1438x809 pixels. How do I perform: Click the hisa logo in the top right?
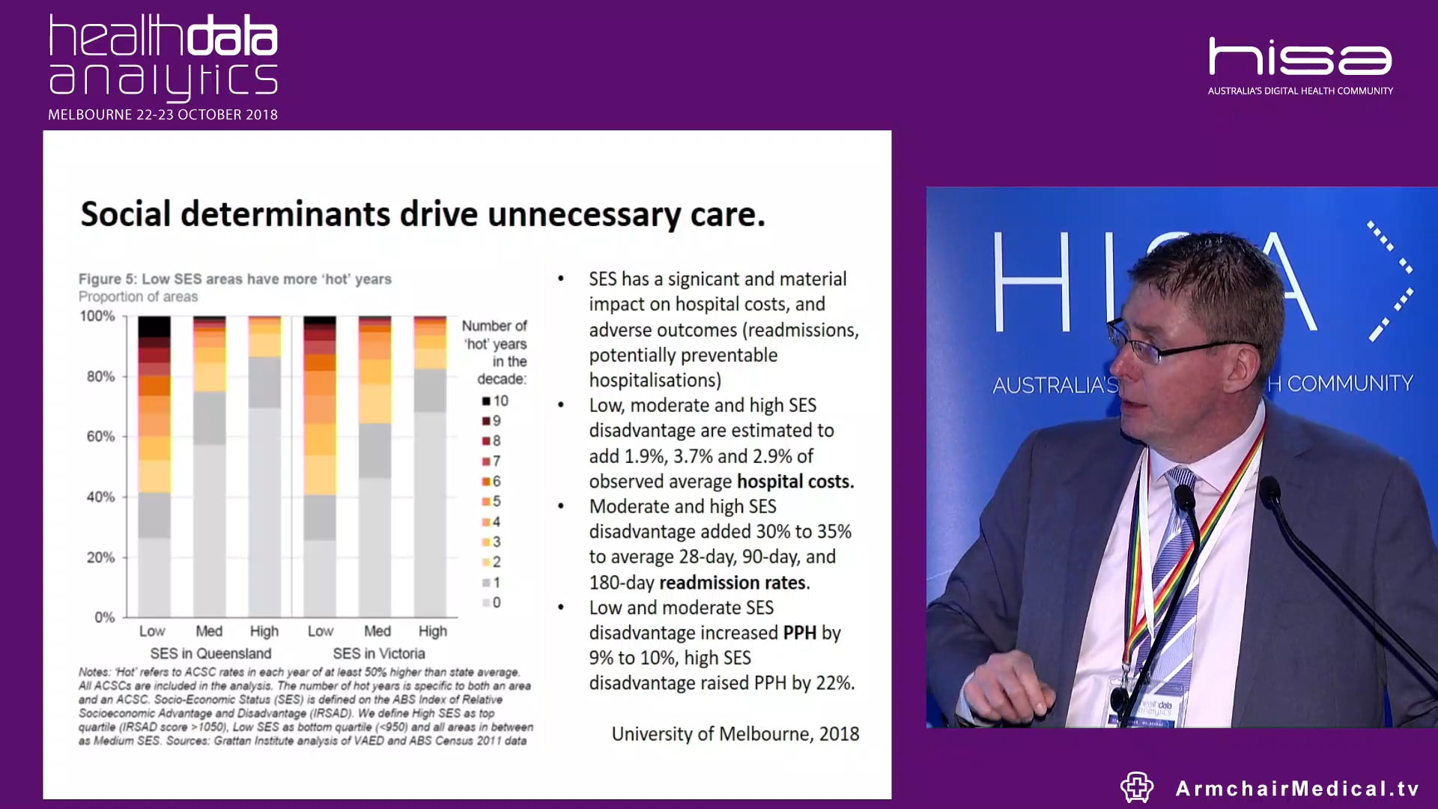pos(1299,58)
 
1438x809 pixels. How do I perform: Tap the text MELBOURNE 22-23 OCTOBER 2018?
pos(163,115)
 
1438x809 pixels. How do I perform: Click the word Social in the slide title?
pos(126,214)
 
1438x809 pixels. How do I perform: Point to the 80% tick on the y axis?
pos(100,376)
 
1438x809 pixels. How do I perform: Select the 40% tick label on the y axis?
pos(100,497)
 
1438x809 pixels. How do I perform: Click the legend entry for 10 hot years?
pos(495,401)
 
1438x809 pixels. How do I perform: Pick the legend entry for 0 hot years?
pos(492,602)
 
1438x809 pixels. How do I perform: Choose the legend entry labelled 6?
pos(492,481)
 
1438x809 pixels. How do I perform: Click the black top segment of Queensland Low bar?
pos(154,326)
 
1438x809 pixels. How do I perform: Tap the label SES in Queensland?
pos(210,653)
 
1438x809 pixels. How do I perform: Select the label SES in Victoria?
pos(378,653)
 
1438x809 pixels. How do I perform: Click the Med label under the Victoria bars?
pos(377,631)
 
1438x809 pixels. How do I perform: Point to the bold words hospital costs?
pos(795,481)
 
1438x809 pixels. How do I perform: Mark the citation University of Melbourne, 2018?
pos(735,734)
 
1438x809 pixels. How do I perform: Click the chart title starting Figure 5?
pos(234,279)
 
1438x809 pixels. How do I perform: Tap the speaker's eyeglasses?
pos(1168,346)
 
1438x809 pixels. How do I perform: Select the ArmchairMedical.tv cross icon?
pos(1136,787)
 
